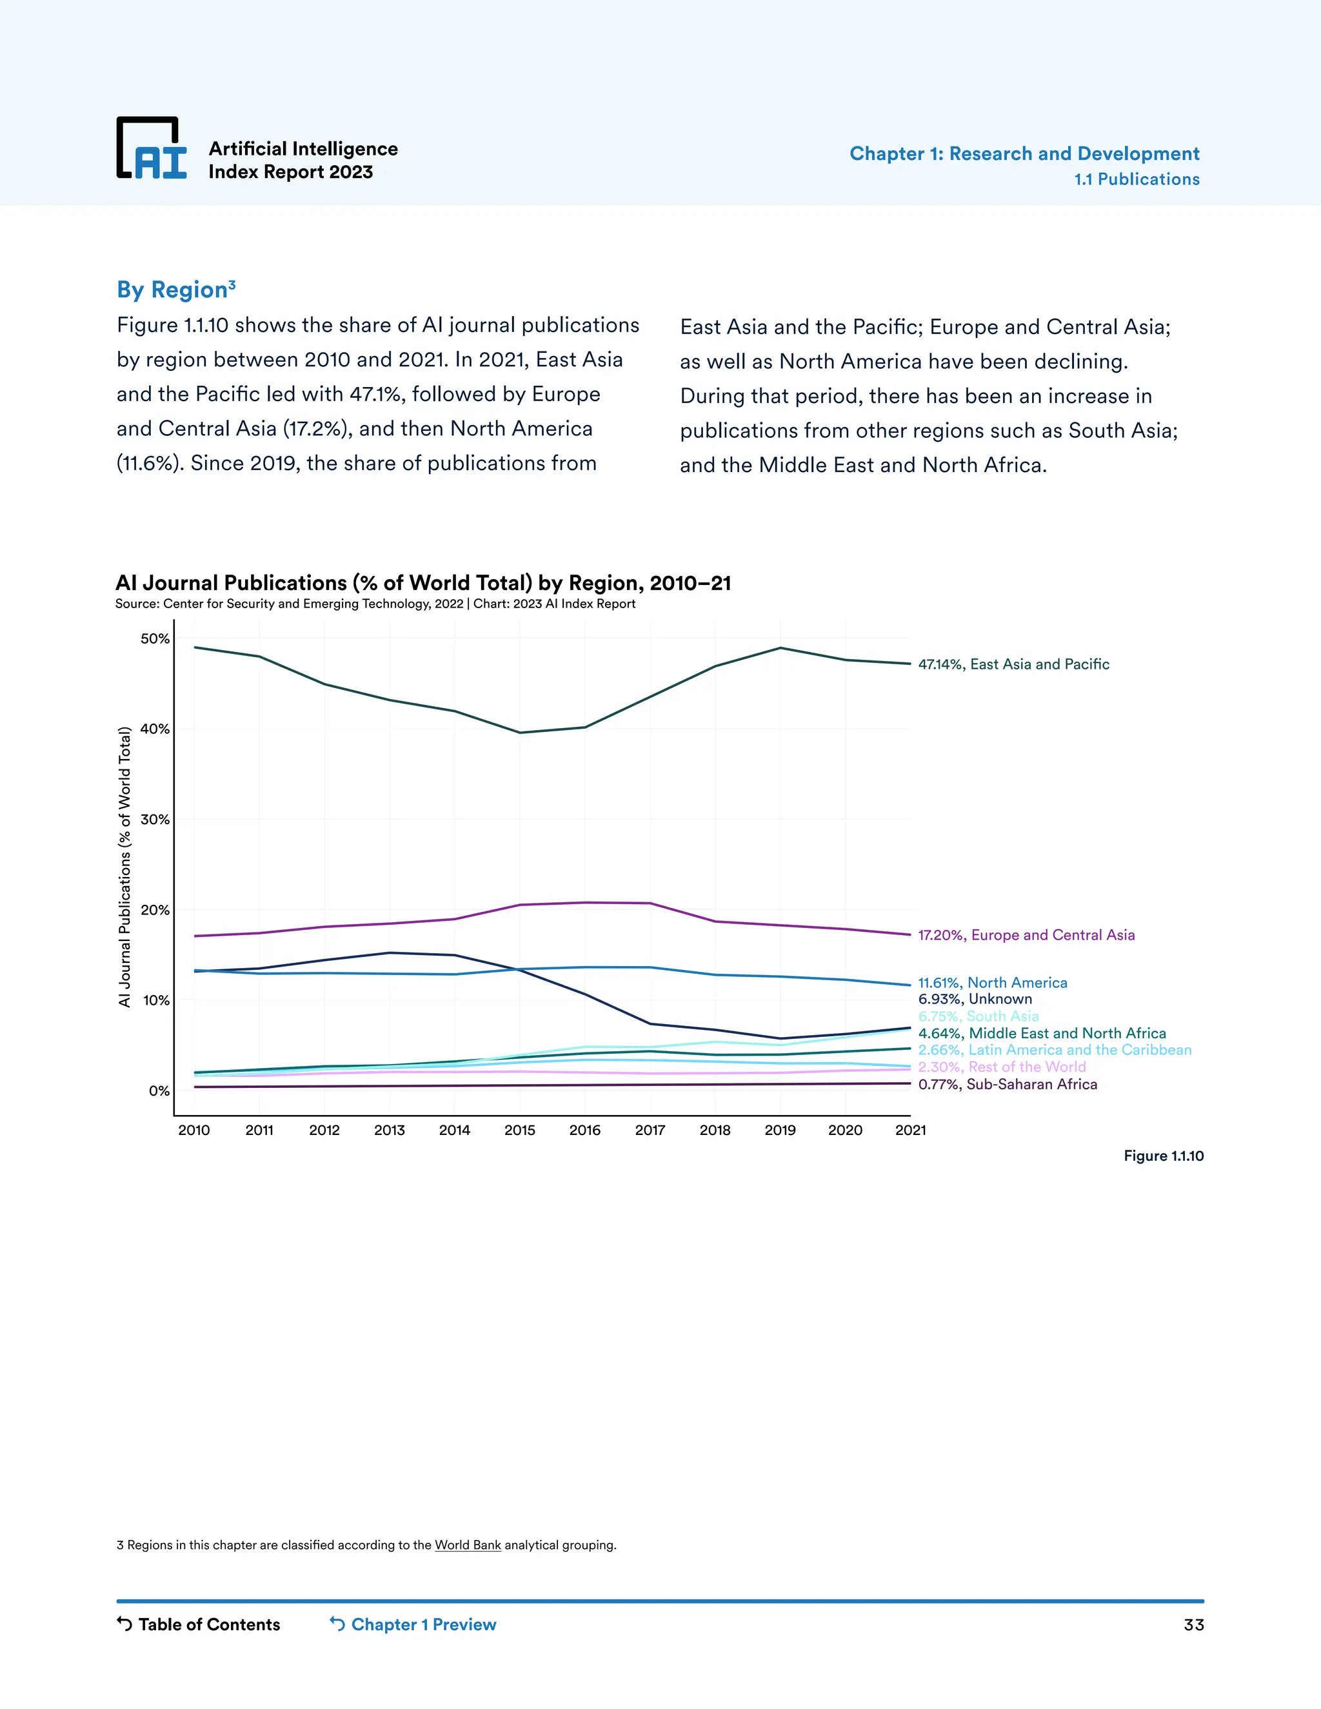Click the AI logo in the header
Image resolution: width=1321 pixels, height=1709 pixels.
[x=152, y=149]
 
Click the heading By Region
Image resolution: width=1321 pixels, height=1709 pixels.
[x=175, y=290]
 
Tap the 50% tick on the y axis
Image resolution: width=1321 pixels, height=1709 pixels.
[x=155, y=638]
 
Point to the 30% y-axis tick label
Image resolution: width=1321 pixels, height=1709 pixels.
[x=155, y=819]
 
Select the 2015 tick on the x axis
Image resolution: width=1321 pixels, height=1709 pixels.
[x=520, y=1130]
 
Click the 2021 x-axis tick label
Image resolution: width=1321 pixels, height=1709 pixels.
[x=910, y=1130]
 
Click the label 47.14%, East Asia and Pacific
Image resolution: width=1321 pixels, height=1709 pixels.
[x=1013, y=664]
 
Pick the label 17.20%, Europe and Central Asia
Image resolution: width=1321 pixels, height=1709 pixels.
[x=1026, y=935]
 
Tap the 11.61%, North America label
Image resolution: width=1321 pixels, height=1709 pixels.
[x=992, y=983]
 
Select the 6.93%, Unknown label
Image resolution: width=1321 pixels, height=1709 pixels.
[x=975, y=999]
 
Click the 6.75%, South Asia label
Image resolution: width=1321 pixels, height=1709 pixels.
[x=978, y=1016]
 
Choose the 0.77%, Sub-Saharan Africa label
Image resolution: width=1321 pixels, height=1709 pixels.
[x=1007, y=1085]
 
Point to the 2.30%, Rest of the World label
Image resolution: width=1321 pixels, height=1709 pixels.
[x=1002, y=1067]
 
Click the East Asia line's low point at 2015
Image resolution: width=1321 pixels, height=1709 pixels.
[x=520, y=733]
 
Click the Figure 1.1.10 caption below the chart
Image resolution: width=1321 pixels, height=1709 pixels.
[x=1163, y=1156]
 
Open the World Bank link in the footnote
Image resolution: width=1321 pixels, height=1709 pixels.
[x=467, y=1545]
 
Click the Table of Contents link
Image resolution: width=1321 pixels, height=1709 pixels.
[x=199, y=1625]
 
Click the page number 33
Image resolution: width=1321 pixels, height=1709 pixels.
[x=1193, y=1625]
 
